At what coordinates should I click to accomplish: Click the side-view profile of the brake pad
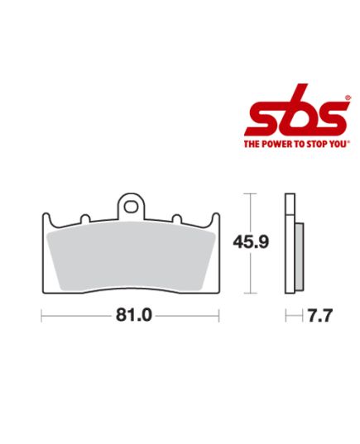(x=290, y=245)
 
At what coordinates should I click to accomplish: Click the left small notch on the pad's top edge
(x=84, y=220)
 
